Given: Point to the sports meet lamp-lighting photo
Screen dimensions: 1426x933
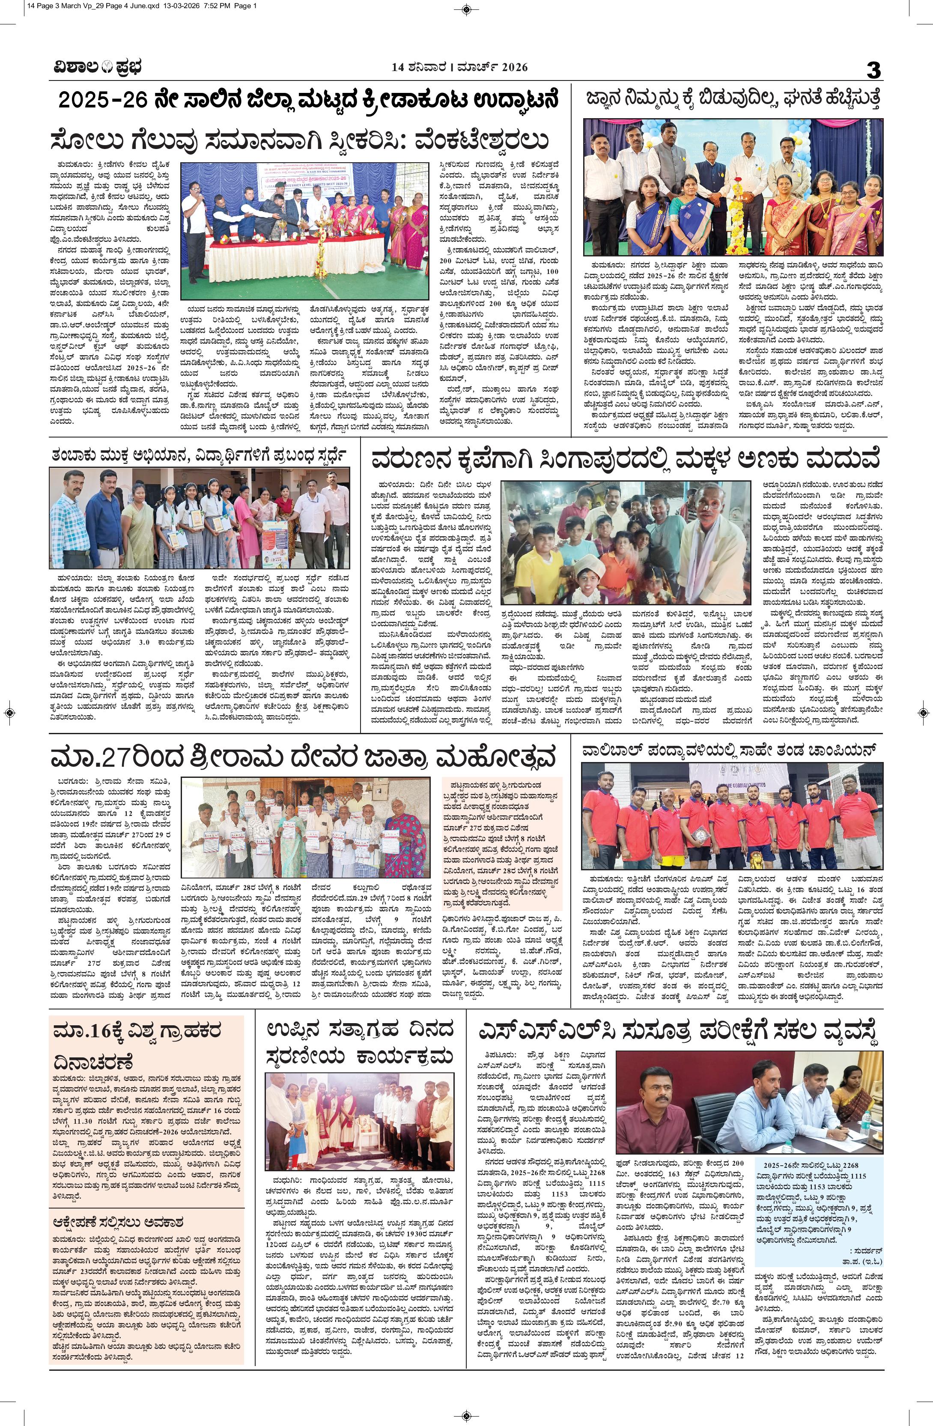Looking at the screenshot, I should click(305, 231).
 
